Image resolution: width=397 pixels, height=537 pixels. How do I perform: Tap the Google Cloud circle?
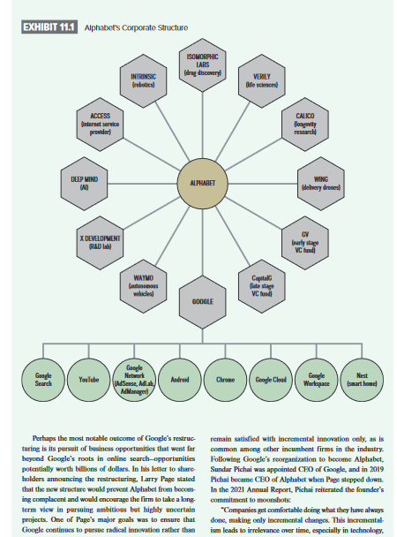tap(268, 378)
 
